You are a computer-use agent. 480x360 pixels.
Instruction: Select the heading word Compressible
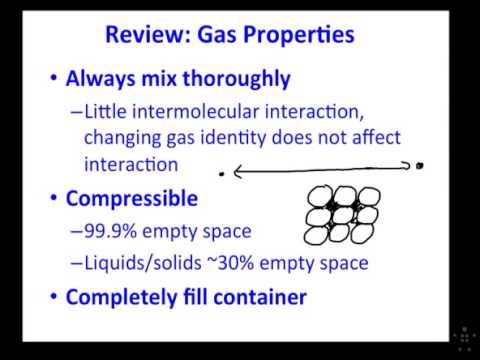coord(132,199)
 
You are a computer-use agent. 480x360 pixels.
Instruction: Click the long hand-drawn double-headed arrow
coord(320,171)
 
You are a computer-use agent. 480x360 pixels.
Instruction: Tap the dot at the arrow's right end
coord(420,166)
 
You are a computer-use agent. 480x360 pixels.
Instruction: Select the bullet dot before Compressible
coord(50,199)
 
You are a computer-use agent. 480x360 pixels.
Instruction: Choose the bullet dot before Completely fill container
coord(50,297)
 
